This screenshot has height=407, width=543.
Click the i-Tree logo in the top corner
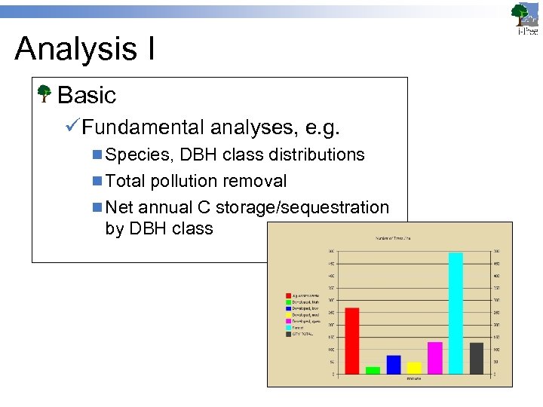click(x=526, y=18)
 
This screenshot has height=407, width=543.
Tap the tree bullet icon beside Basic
click(x=44, y=95)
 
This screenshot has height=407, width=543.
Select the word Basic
click(x=87, y=96)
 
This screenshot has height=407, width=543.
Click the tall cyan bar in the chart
click(x=456, y=313)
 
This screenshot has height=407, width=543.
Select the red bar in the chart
click(x=351, y=341)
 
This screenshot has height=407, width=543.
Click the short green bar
click(x=373, y=370)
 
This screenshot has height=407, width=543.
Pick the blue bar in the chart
click(x=393, y=365)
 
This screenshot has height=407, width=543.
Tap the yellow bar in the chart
click(x=414, y=368)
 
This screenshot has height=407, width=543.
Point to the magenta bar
click(x=434, y=358)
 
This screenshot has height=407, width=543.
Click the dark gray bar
click(x=476, y=358)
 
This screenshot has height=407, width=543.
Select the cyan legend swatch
click(x=288, y=328)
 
